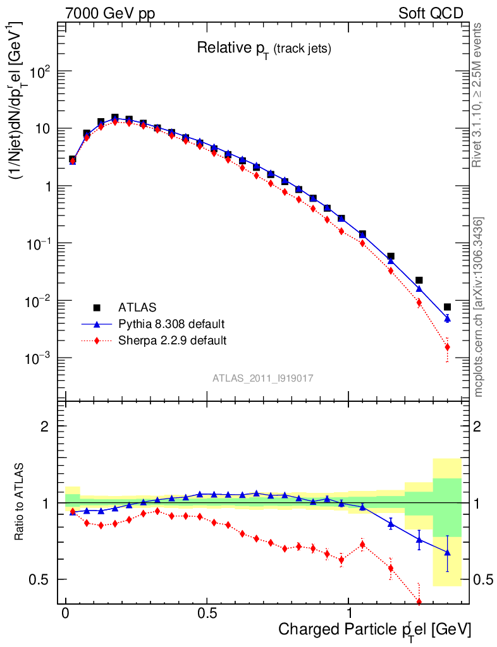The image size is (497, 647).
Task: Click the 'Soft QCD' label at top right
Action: pos(431,13)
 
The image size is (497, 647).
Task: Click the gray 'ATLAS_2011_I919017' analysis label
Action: pos(263,378)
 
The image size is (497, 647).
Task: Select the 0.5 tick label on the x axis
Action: pos(207,614)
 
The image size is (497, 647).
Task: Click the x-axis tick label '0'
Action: pos(66,614)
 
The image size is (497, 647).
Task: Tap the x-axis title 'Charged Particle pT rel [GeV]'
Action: pos(374,629)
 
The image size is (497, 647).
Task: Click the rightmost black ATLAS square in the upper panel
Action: pos(447,306)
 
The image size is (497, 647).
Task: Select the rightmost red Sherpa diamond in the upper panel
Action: pos(447,347)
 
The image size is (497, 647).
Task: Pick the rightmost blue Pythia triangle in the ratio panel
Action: pos(447,552)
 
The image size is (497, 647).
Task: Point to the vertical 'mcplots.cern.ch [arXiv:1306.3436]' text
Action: pos(479,306)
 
